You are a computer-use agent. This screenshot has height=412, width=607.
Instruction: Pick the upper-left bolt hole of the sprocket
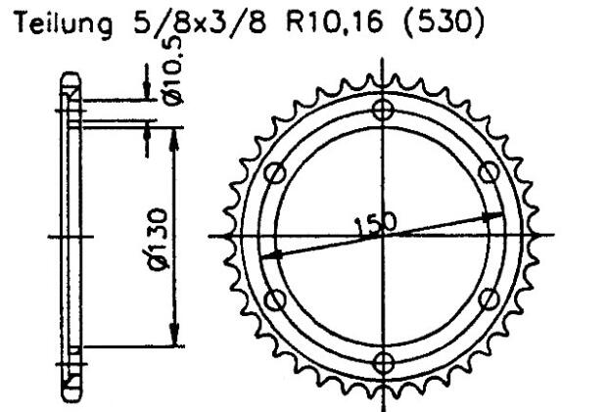point(275,173)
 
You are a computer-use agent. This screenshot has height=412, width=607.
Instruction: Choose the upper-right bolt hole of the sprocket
point(490,173)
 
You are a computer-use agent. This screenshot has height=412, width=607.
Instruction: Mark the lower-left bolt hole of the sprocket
point(275,298)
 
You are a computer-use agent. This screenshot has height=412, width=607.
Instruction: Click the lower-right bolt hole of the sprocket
point(490,298)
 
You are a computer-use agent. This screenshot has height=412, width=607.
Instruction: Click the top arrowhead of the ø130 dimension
point(174,130)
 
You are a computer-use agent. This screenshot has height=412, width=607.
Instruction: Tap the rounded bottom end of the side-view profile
point(70,395)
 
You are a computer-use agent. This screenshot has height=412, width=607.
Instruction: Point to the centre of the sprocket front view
point(383,236)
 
